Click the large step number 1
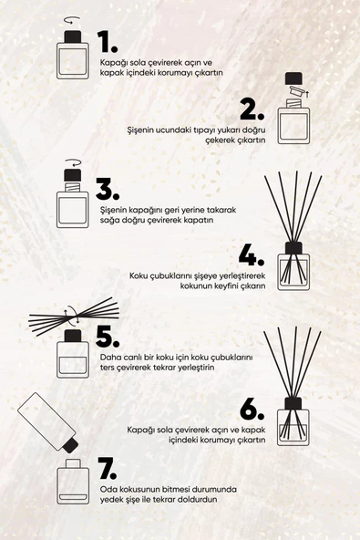click(x=108, y=42)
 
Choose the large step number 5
click(x=108, y=336)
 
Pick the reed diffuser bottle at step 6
click(x=293, y=422)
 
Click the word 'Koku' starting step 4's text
click(x=139, y=275)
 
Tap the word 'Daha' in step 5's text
click(x=109, y=357)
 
